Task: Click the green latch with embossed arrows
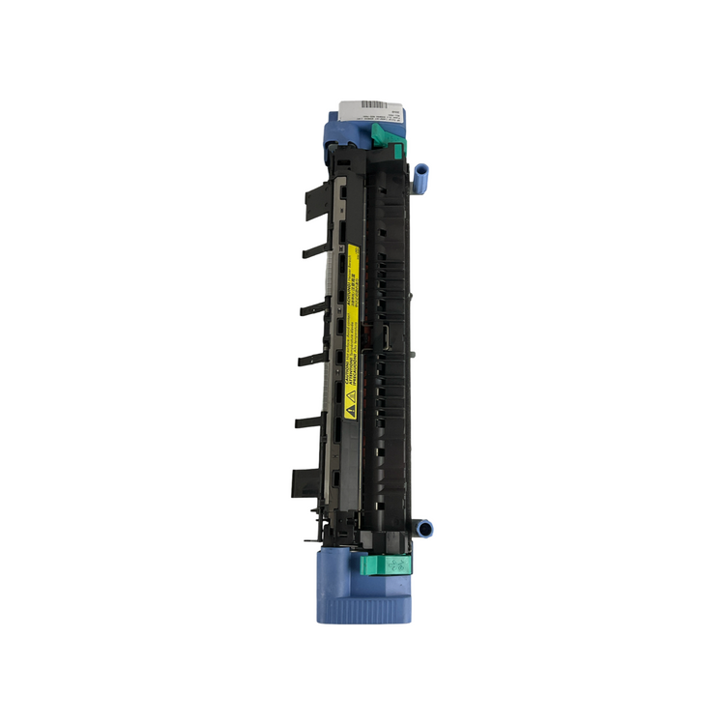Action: pyautogui.click(x=384, y=565)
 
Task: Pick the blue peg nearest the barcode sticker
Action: pyautogui.click(x=421, y=175)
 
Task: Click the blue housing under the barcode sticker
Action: pyautogui.click(x=339, y=130)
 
